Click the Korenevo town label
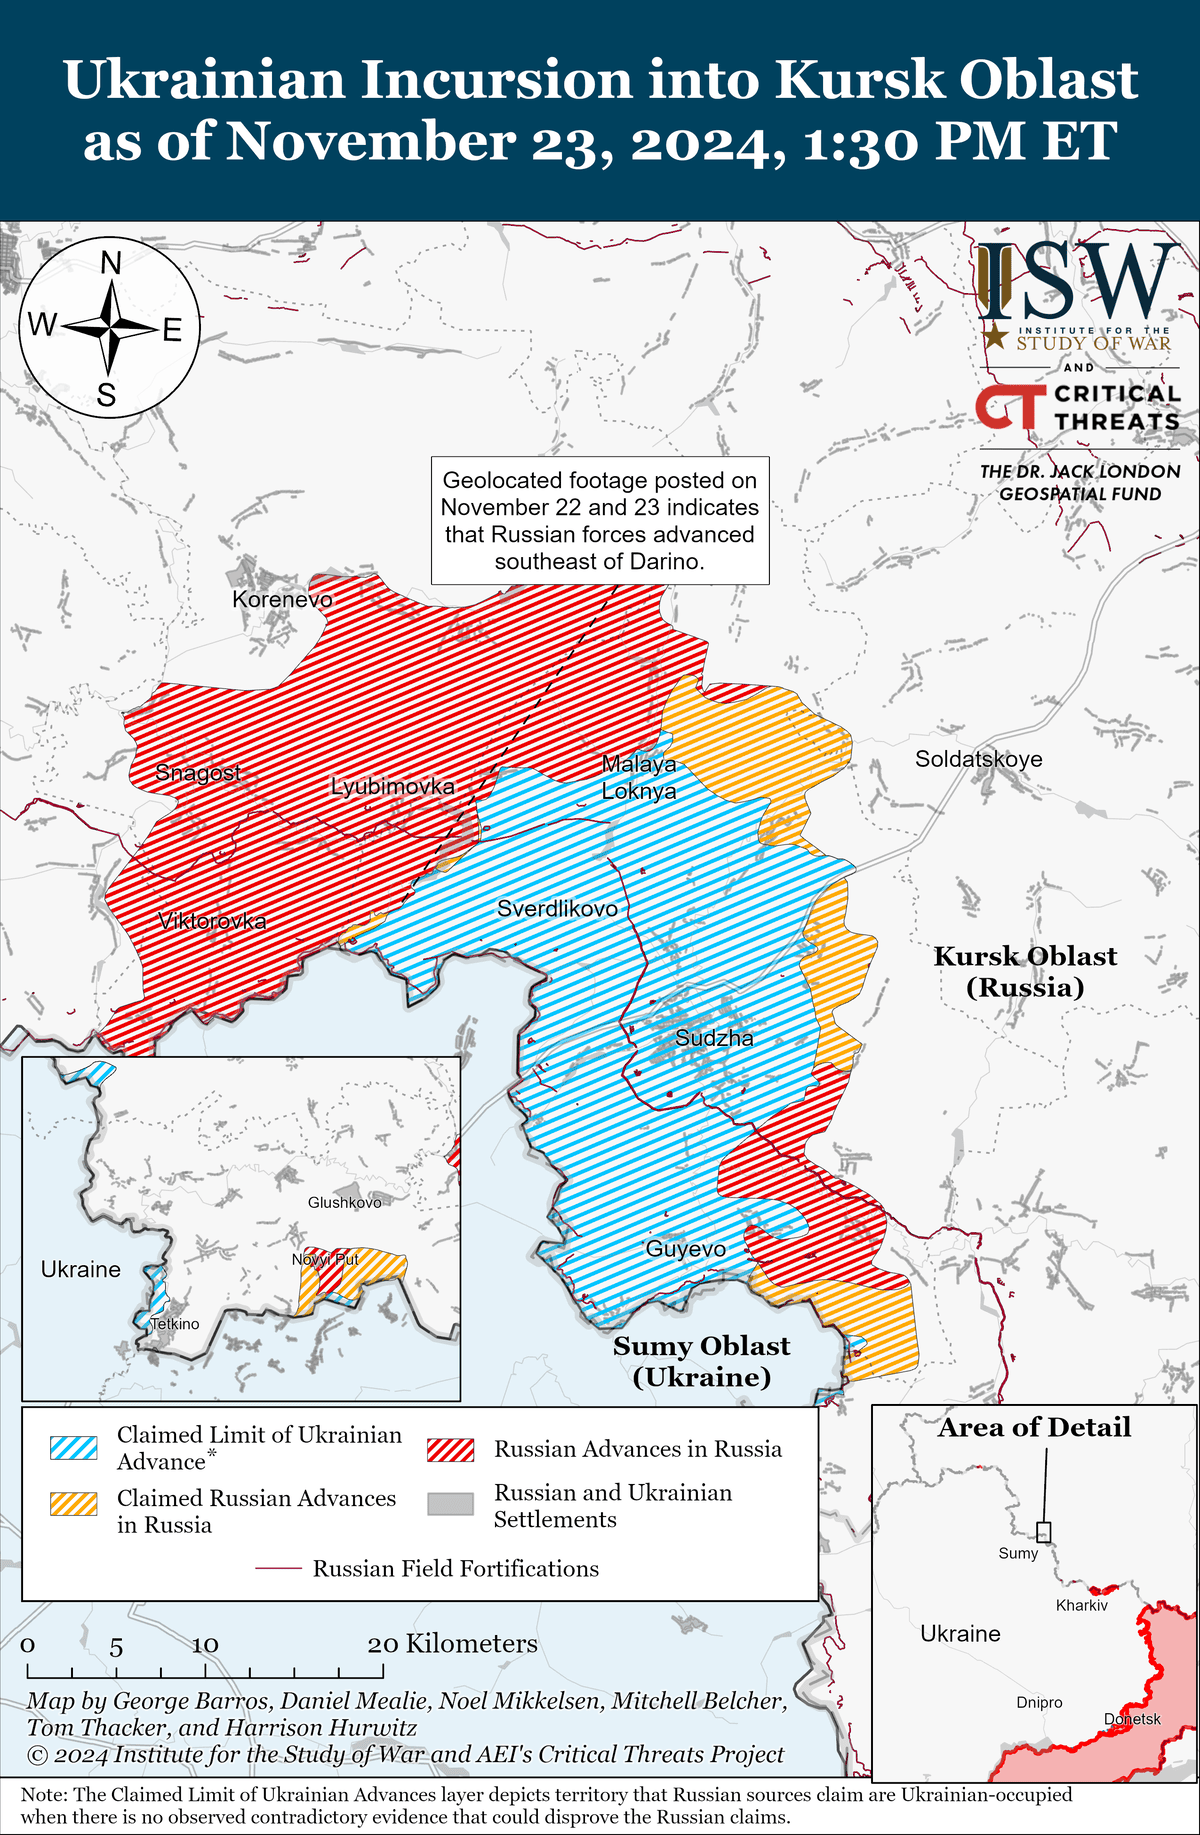[x=282, y=599]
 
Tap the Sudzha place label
[x=714, y=1038]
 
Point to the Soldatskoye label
[x=978, y=759]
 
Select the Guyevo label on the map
[x=685, y=1249]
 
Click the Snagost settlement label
[x=198, y=773]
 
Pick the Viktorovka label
[x=212, y=921]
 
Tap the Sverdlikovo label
[x=557, y=909]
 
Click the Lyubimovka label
[x=392, y=787]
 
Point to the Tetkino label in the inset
[x=175, y=1324]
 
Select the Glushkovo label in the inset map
[x=344, y=1202]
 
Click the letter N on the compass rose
[x=111, y=264]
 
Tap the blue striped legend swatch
[x=74, y=1448]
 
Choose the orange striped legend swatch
[x=74, y=1504]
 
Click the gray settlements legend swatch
[x=450, y=1504]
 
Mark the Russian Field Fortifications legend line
[x=279, y=1569]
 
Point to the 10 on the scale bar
[x=205, y=1645]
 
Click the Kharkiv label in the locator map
[x=1082, y=1605]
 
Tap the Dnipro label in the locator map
[x=1039, y=1702]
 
